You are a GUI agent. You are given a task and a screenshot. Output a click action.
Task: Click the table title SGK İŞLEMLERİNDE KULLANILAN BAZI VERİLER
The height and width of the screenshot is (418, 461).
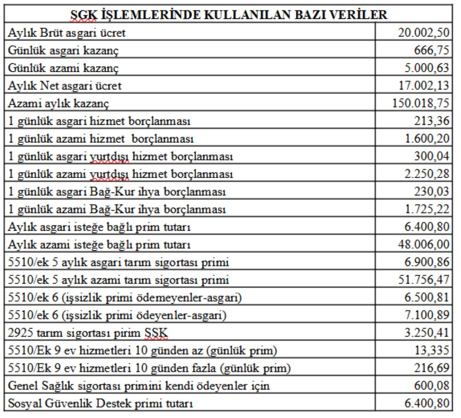click(229, 15)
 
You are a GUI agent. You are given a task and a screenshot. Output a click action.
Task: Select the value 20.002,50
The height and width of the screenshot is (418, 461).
click(423, 33)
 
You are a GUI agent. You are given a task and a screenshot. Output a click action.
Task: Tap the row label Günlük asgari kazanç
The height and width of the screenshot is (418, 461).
click(63, 50)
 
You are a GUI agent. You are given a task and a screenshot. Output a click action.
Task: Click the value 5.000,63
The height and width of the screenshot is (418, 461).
click(426, 68)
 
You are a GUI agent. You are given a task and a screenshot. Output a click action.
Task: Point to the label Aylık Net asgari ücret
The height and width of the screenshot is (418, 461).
click(65, 86)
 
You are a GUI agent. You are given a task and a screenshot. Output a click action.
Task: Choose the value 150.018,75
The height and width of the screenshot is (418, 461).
click(420, 103)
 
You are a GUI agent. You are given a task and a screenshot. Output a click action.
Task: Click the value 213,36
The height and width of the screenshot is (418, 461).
click(431, 121)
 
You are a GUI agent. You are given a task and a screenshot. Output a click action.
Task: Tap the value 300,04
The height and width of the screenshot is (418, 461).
click(431, 156)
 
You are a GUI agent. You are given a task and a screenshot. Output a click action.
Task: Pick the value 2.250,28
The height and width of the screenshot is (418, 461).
click(426, 174)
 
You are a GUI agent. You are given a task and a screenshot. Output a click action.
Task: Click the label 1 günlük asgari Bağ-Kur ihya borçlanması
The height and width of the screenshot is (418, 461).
click(117, 192)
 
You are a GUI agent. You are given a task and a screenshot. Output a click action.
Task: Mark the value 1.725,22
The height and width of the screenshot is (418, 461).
click(426, 209)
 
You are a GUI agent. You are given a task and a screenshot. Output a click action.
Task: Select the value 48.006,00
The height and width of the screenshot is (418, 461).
click(423, 245)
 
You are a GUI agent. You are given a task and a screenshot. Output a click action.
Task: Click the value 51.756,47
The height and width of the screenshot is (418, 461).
click(423, 280)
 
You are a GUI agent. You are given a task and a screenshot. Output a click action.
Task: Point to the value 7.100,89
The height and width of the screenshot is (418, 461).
click(426, 315)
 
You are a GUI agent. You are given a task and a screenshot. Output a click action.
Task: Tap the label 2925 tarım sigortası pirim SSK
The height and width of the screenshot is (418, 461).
click(88, 333)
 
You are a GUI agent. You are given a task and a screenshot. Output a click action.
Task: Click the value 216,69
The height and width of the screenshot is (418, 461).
click(431, 368)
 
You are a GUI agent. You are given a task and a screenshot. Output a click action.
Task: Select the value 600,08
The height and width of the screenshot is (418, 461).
click(431, 386)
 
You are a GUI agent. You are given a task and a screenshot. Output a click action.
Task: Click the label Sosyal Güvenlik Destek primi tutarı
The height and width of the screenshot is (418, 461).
click(100, 403)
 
